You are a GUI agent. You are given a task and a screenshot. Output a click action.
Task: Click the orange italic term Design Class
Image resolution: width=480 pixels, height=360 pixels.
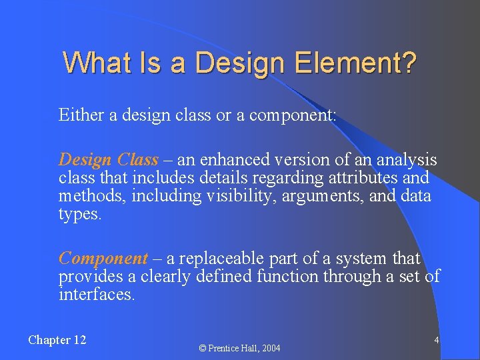[x=109, y=160]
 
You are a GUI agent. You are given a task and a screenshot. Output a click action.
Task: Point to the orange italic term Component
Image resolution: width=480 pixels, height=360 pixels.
[x=103, y=258]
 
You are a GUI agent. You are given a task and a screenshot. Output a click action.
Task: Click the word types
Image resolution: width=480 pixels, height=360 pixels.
[x=80, y=215]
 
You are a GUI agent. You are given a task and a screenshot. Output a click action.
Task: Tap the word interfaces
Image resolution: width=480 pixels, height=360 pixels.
[x=97, y=294]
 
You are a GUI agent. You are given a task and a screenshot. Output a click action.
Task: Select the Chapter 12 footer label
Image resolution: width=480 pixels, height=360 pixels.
[x=57, y=340]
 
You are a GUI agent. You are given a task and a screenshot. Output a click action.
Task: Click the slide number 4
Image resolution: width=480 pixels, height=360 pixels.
[x=436, y=340]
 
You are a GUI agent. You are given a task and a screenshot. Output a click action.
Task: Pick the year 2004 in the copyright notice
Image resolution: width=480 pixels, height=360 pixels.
[x=270, y=348]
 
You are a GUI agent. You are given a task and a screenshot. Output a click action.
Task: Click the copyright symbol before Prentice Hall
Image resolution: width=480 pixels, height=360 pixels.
[x=204, y=348]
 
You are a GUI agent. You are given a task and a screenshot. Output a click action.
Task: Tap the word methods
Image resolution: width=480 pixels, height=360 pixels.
[x=85, y=196]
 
